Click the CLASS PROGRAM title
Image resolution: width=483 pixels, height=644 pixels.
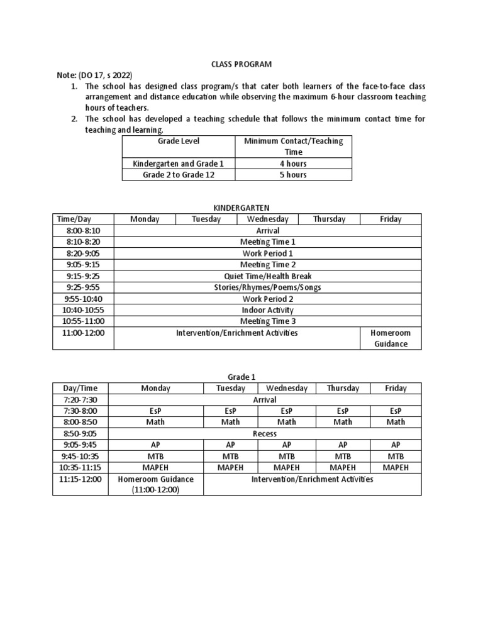[241, 64]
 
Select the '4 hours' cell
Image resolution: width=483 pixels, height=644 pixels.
[293, 164]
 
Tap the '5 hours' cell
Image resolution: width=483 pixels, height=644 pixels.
[293, 175]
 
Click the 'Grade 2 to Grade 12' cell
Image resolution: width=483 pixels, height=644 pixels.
[178, 175]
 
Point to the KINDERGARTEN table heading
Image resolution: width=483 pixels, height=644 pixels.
[237, 208]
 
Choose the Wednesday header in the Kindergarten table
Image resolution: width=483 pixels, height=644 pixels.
[267, 219]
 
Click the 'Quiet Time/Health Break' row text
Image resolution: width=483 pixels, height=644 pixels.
[268, 276]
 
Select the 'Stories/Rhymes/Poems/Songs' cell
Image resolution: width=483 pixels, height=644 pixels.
[268, 287]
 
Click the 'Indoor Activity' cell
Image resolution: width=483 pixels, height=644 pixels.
[268, 310]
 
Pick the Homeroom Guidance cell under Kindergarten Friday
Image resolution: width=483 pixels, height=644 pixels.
[390, 338]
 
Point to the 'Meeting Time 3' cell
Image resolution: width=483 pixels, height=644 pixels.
[268, 321]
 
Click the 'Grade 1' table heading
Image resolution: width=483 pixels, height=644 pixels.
[237, 377]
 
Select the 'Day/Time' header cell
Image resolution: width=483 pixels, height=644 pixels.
[81, 388]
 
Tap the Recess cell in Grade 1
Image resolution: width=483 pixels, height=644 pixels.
[264, 433]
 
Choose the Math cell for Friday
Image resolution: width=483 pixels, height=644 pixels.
[396, 422]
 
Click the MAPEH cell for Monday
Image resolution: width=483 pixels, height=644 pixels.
[155, 467]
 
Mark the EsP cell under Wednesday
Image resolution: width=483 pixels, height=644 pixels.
[287, 411]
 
